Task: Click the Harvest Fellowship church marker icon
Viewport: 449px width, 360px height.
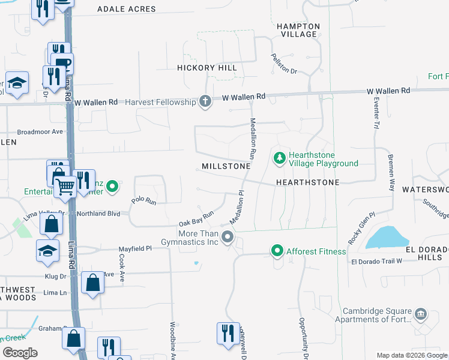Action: click(205, 101)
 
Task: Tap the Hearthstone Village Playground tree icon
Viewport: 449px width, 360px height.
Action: click(279, 158)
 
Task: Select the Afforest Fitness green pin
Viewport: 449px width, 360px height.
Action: click(277, 251)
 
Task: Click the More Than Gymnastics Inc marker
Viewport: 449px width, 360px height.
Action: click(228, 237)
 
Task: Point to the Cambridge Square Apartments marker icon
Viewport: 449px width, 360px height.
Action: click(421, 313)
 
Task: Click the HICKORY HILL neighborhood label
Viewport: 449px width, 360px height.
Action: click(207, 68)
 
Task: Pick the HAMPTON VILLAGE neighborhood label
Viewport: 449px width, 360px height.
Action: click(298, 30)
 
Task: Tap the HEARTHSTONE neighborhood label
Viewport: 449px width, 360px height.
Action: click(307, 182)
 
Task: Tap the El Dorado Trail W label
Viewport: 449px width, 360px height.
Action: click(376, 261)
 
